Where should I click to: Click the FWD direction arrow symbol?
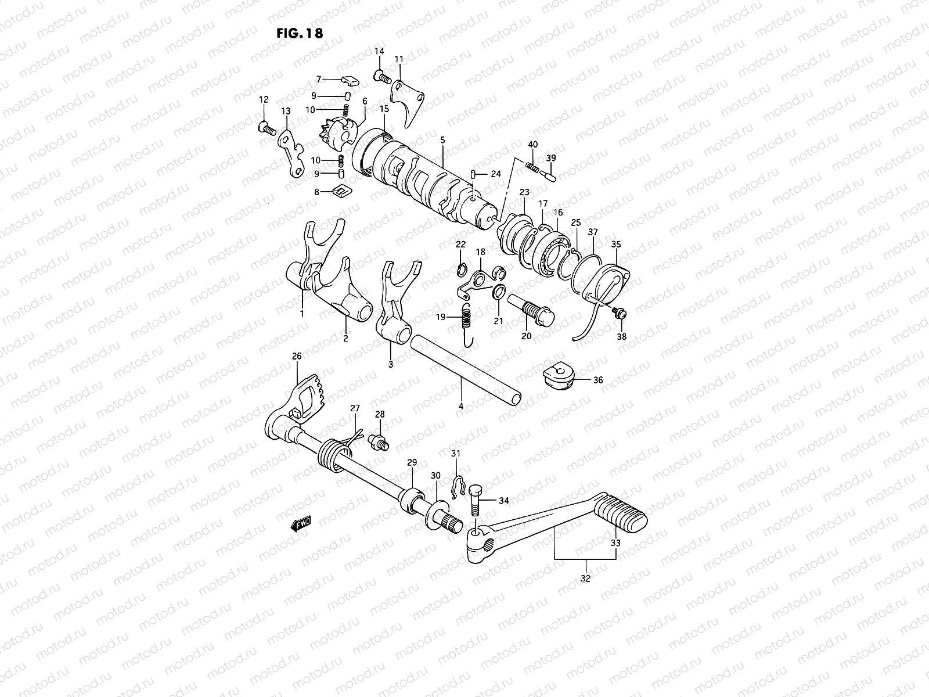click(x=301, y=524)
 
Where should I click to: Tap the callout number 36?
click(x=597, y=380)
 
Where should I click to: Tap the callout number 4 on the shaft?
click(x=460, y=407)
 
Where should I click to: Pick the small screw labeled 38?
click(x=620, y=314)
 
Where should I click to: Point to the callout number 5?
click(x=442, y=140)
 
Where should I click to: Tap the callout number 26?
click(x=297, y=356)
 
